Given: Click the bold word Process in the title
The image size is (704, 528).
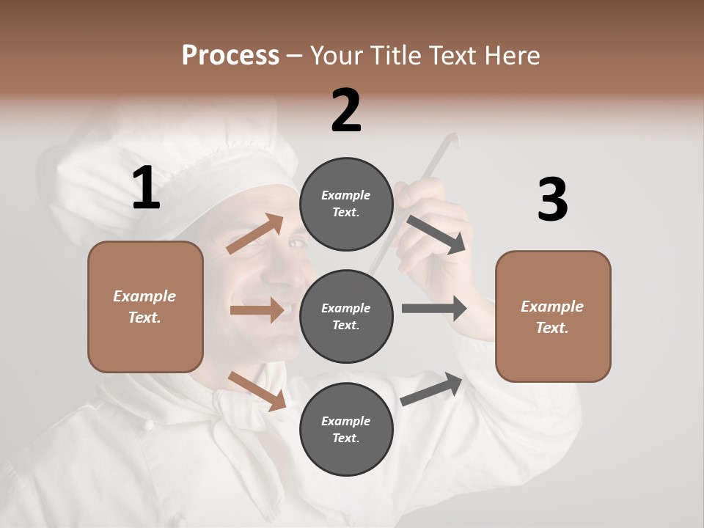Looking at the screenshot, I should tap(230, 56).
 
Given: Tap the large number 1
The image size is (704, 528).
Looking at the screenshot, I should tap(146, 188).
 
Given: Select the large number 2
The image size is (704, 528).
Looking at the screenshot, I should tap(346, 111).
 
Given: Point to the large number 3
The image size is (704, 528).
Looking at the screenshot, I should tap(552, 200).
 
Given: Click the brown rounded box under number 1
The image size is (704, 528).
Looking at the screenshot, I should tap(145, 307).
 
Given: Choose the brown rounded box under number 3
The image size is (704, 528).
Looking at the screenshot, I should tap(553, 316).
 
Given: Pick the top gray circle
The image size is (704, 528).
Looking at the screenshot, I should tap(346, 204).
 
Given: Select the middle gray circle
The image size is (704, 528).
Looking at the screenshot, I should tap(346, 316).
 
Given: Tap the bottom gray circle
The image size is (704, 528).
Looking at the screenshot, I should tap(346, 429).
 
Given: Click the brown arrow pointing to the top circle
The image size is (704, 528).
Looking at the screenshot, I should tap(255, 234).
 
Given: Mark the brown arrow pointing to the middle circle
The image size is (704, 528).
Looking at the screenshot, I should tap(257, 310).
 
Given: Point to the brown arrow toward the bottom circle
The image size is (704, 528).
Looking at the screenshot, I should tap(257, 391).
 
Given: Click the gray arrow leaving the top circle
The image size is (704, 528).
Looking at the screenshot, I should tap(436, 235).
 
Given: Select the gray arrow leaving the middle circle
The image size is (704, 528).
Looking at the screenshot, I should tap(434, 309).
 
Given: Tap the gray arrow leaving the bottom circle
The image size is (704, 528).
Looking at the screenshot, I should tap(432, 389).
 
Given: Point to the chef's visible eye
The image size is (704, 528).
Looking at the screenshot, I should tap(296, 243).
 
